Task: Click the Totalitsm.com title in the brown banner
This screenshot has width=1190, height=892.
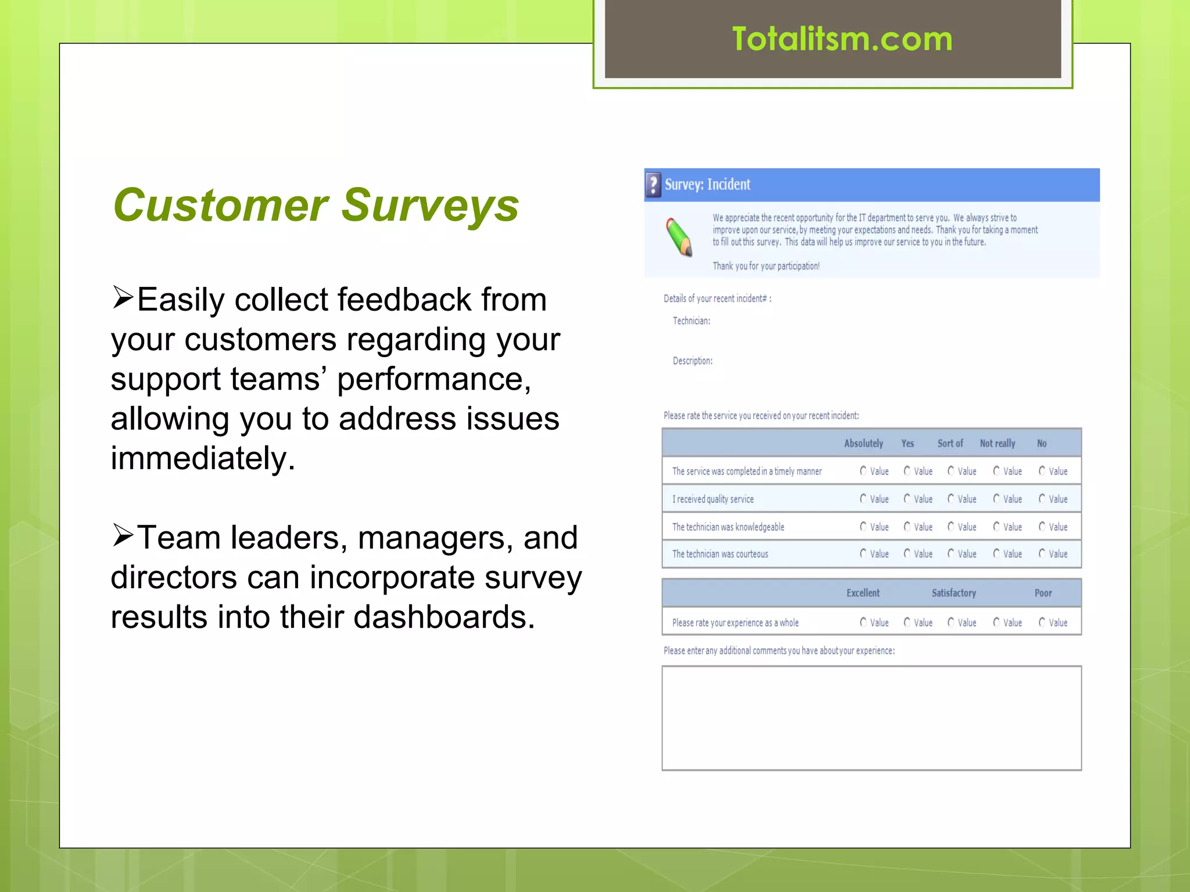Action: tap(842, 39)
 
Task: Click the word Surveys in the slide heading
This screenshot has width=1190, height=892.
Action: tap(430, 205)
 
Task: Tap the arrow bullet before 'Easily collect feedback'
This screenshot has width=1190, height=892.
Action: tap(123, 298)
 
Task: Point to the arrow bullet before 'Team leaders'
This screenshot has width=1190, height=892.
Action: tap(123, 535)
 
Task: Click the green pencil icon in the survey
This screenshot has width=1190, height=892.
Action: tap(679, 237)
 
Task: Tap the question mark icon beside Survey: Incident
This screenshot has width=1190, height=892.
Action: tap(654, 185)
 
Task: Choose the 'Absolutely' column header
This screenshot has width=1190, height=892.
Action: tap(863, 444)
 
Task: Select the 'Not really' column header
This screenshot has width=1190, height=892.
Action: tap(997, 444)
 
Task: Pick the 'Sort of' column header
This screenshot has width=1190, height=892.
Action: tap(950, 444)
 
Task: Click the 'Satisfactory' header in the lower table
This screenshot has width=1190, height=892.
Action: tap(954, 593)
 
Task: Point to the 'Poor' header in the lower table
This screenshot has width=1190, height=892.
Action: tap(1043, 593)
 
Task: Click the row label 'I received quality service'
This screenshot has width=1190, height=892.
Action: tap(713, 499)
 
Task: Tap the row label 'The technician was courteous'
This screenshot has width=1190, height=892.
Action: tap(720, 554)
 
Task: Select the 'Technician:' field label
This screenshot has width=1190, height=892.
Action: tap(691, 321)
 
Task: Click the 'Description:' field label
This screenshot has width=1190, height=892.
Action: tap(693, 361)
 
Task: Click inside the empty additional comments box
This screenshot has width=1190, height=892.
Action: tap(872, 718)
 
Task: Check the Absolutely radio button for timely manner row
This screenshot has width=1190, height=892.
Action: tap(863, 471)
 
